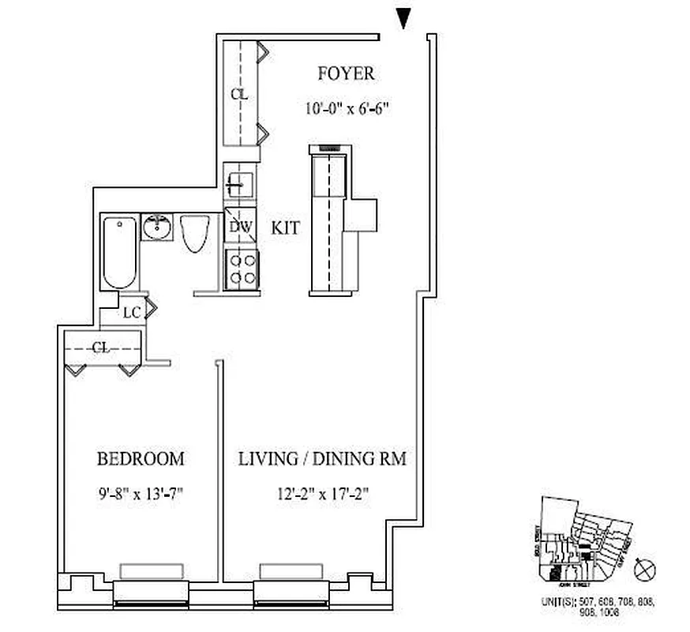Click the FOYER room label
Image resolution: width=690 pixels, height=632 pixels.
tap(346, 74)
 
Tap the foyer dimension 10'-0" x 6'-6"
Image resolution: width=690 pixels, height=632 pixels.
tap(348, 110)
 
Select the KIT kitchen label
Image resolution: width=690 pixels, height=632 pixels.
tap(286, 228)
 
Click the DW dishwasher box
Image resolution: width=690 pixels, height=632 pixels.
tap(240, 228)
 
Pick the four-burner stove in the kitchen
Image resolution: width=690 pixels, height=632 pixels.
tap(240, 267)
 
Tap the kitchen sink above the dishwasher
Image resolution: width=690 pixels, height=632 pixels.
tap(238, 183)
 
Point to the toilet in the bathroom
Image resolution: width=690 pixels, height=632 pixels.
tap(193, 234)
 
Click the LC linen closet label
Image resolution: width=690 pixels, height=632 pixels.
tap(132, 312)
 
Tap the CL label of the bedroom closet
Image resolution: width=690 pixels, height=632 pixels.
tap(101, 347)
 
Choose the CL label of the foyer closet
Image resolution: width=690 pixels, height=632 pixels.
tap(239, 94)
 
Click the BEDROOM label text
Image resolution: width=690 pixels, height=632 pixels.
tap(141, 458)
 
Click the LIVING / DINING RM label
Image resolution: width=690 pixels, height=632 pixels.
tap(322, 458)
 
